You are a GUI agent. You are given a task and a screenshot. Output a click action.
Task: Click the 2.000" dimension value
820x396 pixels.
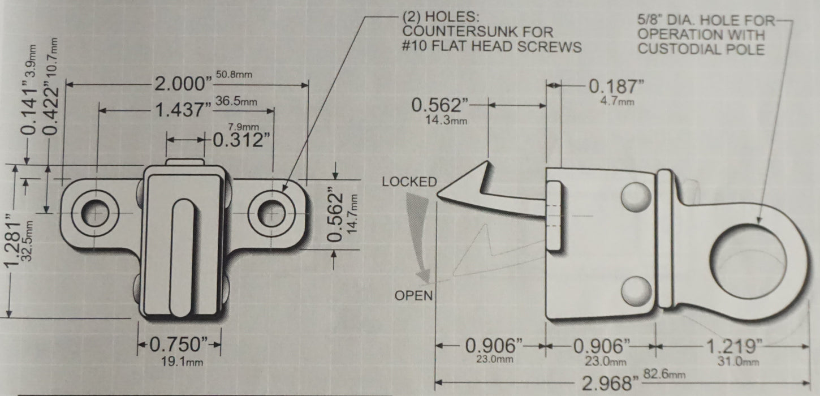click(x=183, y=84)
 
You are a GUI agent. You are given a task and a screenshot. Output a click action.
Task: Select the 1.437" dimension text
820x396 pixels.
click(x=184, y=110)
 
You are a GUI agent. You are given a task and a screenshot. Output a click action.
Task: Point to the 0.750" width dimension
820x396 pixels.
click(x=179, y=345)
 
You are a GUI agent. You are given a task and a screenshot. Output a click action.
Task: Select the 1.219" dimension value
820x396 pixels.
click(x=735, y=346)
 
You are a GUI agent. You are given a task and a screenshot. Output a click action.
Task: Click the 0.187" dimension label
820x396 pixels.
click(x=616, y=87)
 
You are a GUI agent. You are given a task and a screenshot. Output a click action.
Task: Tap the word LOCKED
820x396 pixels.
click(x=409, y=182)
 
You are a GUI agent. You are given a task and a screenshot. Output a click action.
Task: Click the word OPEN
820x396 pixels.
click(x=413, y=295)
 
